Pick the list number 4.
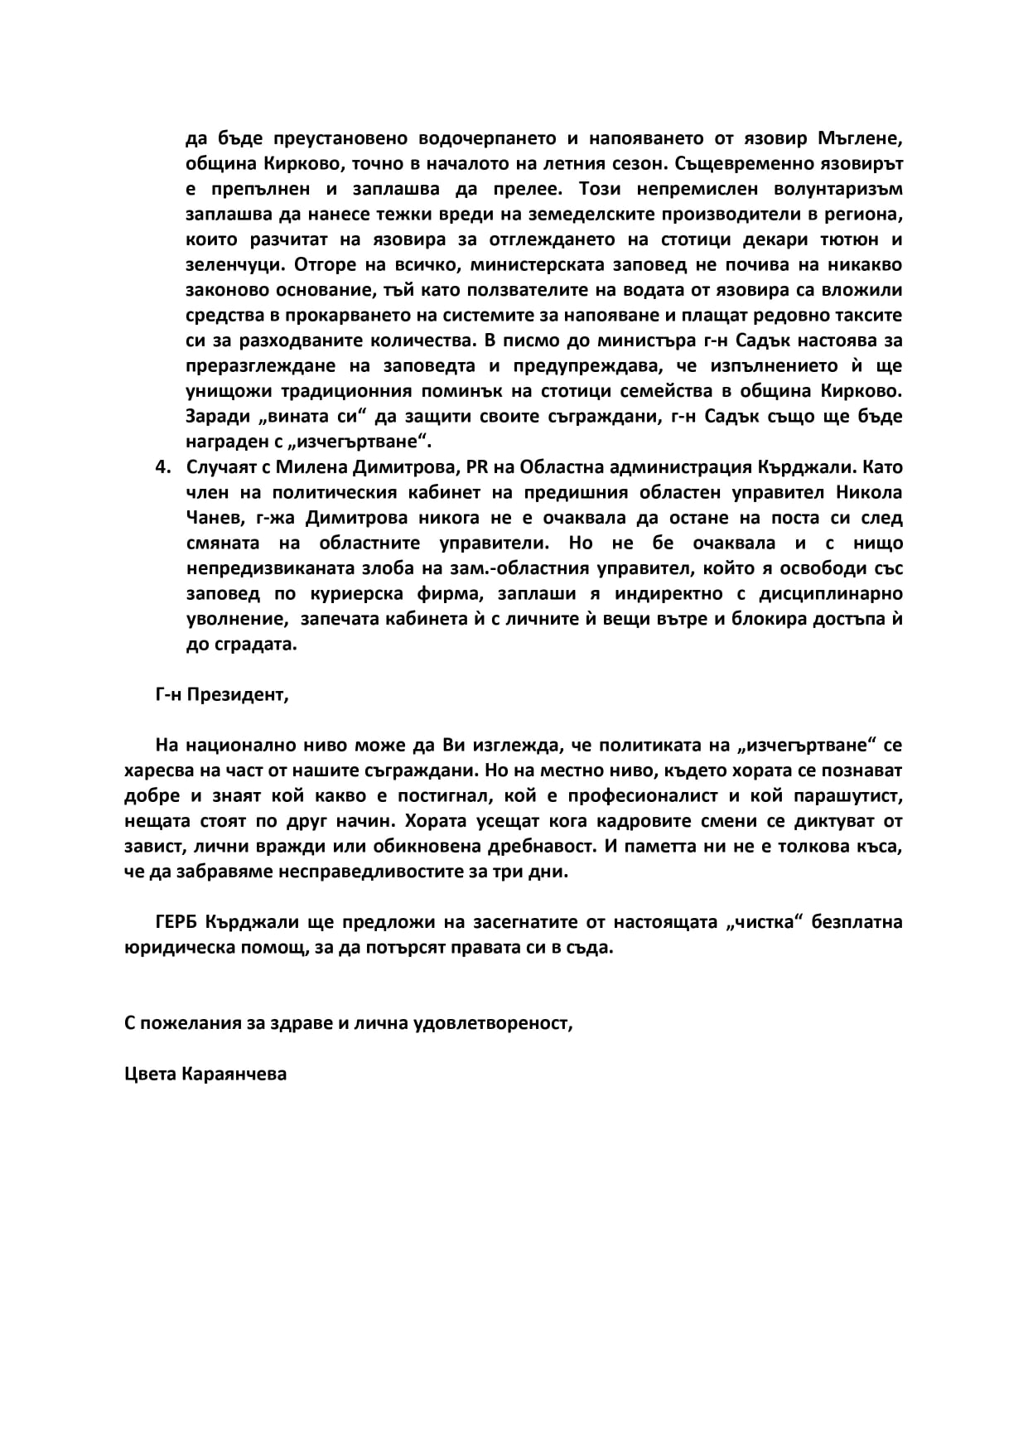[162, 466]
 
